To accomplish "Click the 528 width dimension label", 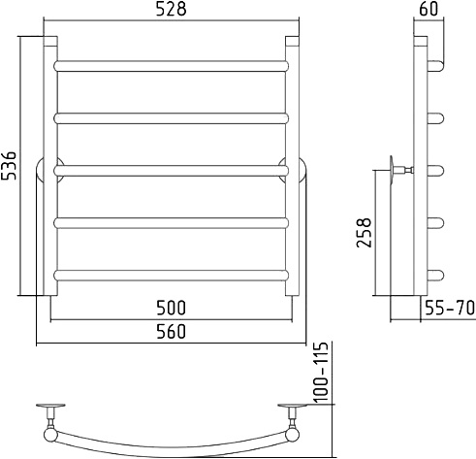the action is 171,9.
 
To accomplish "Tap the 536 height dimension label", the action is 9,165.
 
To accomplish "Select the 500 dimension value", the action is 171,308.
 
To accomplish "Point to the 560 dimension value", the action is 171,331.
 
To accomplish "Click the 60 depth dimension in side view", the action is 428,9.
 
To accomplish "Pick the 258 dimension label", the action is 365,233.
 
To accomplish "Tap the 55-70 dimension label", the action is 450,308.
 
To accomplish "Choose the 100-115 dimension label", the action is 322,372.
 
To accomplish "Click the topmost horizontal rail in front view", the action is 171,66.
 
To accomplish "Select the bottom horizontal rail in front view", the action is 171,276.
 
